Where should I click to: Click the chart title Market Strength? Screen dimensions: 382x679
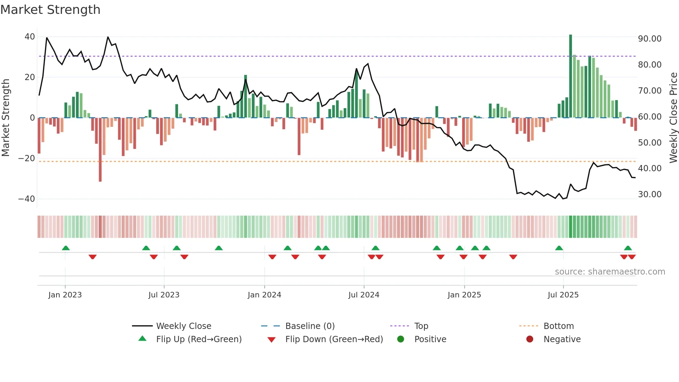(50, 10)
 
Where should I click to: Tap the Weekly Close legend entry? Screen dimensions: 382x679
(183, 326)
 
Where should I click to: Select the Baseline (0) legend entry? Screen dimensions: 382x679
(310, 326)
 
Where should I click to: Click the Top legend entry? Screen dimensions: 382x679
(421, 326)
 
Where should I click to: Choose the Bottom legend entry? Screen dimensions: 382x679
(558, 326)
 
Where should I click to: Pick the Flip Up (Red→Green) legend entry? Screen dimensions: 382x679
(199, 339)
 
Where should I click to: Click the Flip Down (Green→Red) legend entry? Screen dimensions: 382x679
(334, 339)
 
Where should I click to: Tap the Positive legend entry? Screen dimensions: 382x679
(430, 339)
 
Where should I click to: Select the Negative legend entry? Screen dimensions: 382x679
(562, 339)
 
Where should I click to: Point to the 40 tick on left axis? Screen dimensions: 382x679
(30, 37)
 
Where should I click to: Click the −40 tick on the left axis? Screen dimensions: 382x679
(27, 199)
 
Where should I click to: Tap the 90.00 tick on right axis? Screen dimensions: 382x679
(650, 39)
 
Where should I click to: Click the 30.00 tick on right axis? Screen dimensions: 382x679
(650, 194)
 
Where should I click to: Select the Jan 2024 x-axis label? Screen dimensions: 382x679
(264, 295)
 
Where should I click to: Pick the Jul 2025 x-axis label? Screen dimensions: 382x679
(563, 295)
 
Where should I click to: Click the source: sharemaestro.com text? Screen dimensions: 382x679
(610, 272)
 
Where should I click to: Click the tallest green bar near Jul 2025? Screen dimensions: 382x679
(571, 76)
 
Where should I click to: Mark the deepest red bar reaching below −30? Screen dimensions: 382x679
(100, 149)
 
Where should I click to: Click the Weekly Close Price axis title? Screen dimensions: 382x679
(673, 118)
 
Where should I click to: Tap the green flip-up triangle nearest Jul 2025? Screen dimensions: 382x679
(559, 248)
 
